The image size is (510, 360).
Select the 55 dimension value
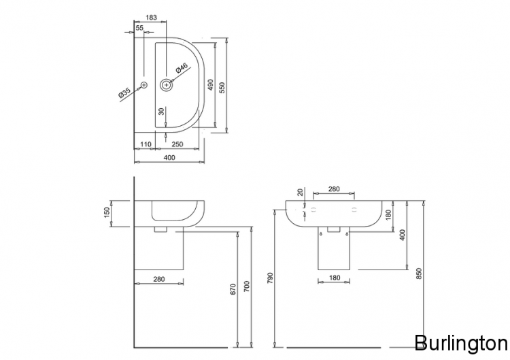[139, 28]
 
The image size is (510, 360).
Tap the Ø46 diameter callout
[181, 69]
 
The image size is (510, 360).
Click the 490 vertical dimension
[211, 84]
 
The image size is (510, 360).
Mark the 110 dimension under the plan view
[145, 144]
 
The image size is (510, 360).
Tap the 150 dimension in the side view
[105, 213]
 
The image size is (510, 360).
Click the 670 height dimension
[233, 289]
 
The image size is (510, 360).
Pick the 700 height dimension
[247, 289]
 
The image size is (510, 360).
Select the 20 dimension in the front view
[299, 193]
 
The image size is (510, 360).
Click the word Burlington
[460, 342]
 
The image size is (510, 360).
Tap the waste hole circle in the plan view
[167, 85]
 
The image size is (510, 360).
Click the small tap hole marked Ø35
[143, 85]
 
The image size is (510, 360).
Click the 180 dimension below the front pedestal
[333, 278]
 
